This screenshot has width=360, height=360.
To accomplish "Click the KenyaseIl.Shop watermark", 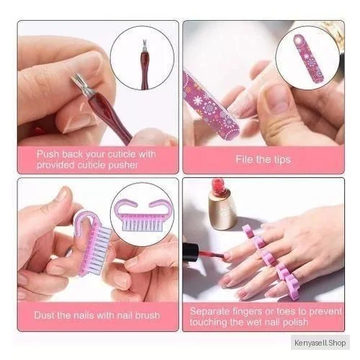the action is (x=320, y=343).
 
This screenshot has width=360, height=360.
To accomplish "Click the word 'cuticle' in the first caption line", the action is (x=122, y=154).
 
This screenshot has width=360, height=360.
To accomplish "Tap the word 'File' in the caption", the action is (x=243, y=159).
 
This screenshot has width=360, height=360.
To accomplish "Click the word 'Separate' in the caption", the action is (x=210, y=311).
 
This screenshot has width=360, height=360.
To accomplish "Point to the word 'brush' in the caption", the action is (x=148, y=315).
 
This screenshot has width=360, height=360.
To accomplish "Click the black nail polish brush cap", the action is (x=190, y=253).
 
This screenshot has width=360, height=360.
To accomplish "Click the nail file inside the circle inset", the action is (x=309, y=58).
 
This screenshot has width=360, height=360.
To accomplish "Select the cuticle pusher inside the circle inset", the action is (x=144, y=64).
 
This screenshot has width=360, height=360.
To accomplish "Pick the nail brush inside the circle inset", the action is (x=143, y=215).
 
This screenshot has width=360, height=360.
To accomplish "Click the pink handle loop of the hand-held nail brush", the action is (x=83, y=225).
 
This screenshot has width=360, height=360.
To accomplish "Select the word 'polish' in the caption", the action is (x=295, y=323).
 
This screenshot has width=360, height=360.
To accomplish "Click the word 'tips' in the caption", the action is (x=282, y=160).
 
